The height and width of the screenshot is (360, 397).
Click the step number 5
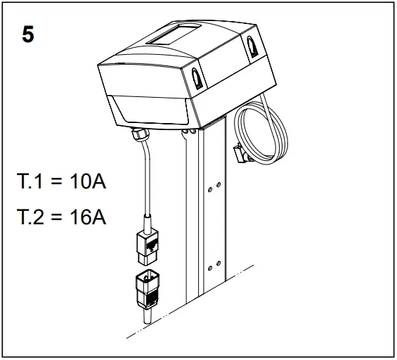tap(27, 35)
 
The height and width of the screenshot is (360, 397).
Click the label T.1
tap(30, 184)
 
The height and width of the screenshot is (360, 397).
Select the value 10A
tap(88, 184)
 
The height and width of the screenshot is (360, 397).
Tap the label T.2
tap(30, 217)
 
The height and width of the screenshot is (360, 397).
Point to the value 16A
tap(88, 217)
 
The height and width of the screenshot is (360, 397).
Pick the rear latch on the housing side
tap(252, 45)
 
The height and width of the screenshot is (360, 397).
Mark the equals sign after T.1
tap(58, 184)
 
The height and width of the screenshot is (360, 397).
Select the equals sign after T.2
tap(58, 217)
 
